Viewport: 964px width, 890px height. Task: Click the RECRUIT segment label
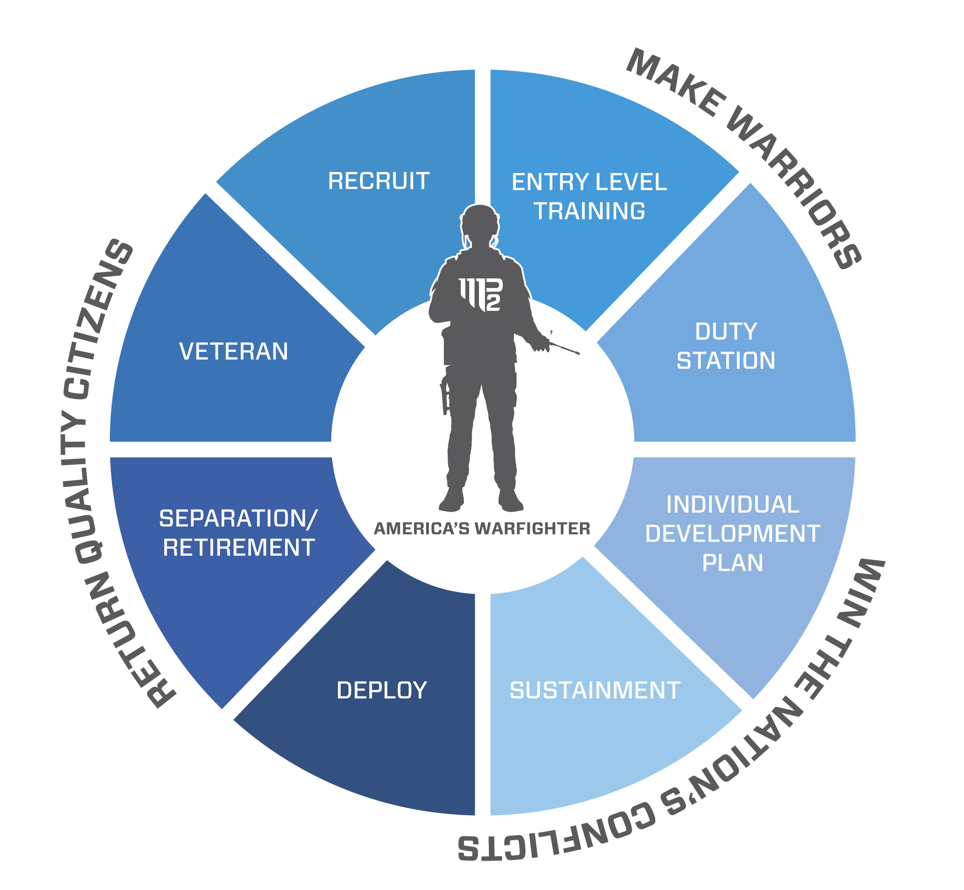click(379, 181)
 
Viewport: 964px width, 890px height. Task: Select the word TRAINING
click(589, 211)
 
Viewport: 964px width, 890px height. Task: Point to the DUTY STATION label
click(726, 346)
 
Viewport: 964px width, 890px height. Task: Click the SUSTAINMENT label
click(595, 691)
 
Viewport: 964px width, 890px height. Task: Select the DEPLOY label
click(382, 691)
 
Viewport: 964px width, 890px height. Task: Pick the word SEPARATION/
click(238, 519)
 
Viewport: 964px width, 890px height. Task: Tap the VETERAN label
click(234, 351)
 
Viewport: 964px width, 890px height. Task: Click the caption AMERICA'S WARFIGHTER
click(482, 529)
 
